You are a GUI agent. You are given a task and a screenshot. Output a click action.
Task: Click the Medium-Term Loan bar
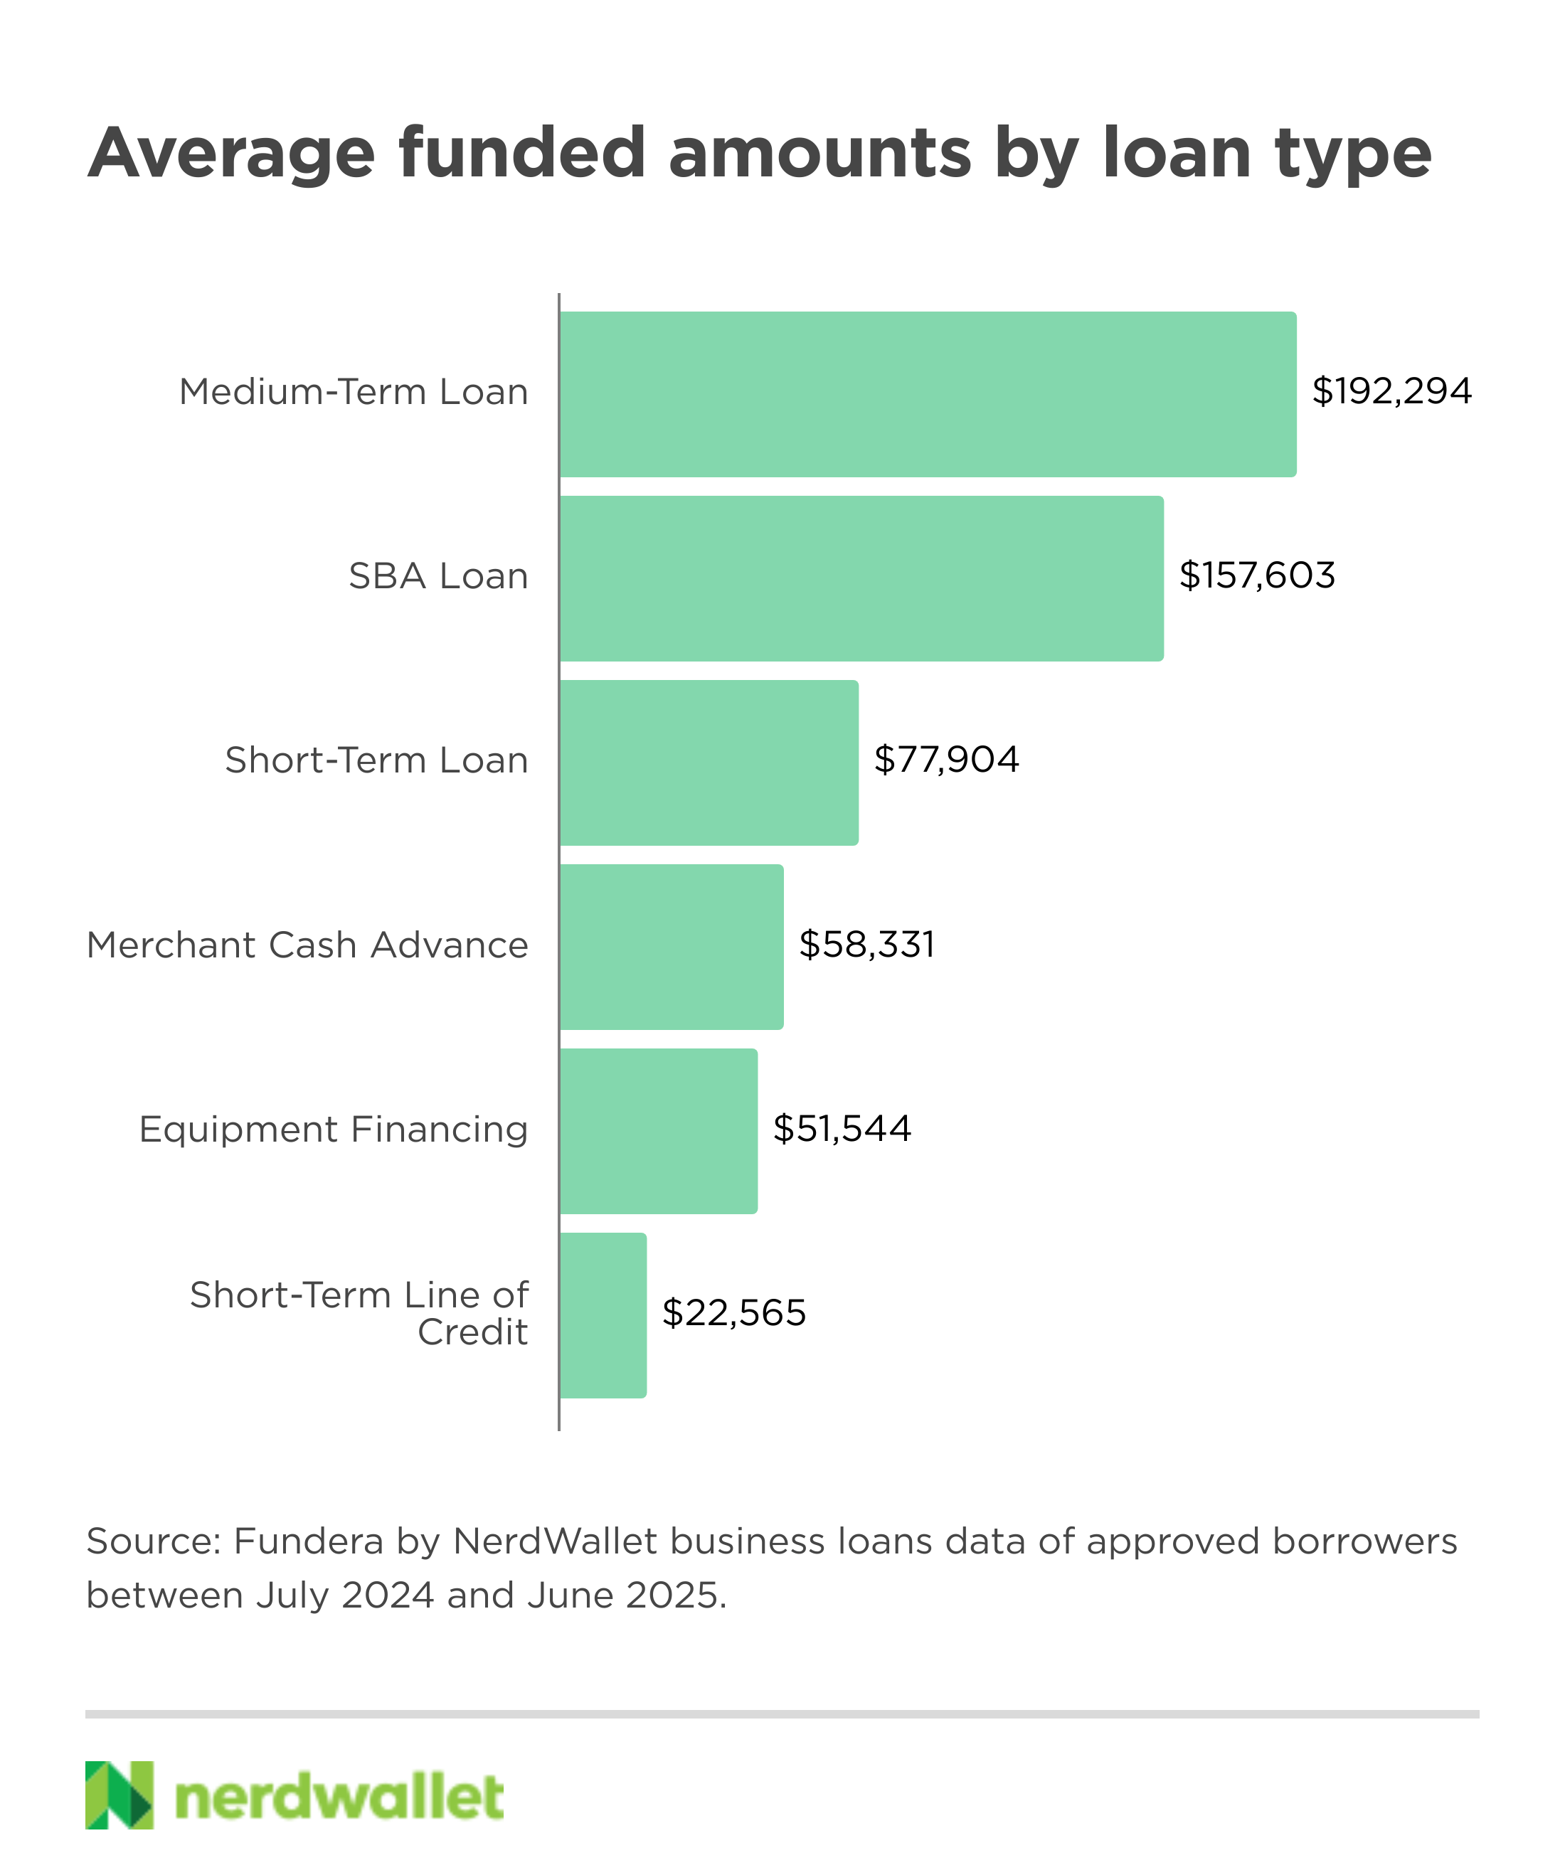click(928, 394)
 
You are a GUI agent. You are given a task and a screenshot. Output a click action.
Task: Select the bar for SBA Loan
click(861, 578)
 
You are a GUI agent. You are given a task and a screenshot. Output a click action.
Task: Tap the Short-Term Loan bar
click(709, 763)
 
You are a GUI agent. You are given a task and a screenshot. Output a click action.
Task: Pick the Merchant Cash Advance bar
click(672, 947)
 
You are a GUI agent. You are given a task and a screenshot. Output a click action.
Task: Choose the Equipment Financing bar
click(659, 1131)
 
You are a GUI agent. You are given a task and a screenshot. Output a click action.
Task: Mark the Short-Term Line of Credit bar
click(603, 1315)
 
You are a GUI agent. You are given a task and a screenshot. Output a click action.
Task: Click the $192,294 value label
click(1391, 392)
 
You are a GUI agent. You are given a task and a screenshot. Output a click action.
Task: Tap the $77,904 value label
click(946, 760)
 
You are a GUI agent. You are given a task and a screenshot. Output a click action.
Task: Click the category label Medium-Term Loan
click(354, 392)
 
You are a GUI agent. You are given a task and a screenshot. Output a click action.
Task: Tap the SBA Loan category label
click(438, 577)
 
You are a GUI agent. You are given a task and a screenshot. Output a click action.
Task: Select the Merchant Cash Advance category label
click(307, 945)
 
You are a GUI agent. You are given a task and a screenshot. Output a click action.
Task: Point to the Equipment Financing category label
click(333, 1130)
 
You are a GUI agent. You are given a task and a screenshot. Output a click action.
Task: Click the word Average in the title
click(231, 154)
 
